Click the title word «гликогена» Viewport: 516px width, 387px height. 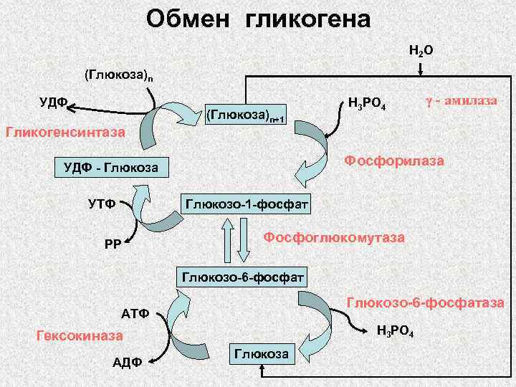308,19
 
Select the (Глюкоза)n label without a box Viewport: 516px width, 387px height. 118,74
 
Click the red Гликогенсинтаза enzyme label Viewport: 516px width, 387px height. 64,132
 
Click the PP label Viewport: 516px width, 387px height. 113,244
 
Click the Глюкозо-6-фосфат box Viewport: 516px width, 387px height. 244,276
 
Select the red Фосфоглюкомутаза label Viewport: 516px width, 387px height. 334,236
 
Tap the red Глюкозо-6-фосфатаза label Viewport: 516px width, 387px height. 426,303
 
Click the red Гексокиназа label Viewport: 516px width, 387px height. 79,335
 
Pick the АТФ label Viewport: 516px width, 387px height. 135,313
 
